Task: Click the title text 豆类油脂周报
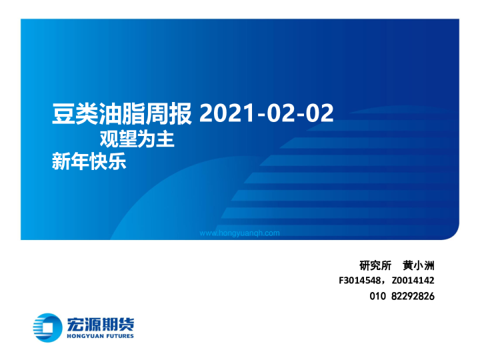(x=122, y=114)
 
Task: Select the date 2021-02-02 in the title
(x=266, y=114)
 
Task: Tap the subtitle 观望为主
(x=137, y=140)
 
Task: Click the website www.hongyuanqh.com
(x=240, y=233)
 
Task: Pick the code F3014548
(x=362, y=281)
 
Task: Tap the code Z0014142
(x=413, y=281)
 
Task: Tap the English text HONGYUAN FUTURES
(x=100, y=336)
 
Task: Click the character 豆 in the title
(x=63, y=114)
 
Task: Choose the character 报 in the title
(x=181, y=114)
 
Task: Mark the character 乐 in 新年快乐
(x=116, y=162)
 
